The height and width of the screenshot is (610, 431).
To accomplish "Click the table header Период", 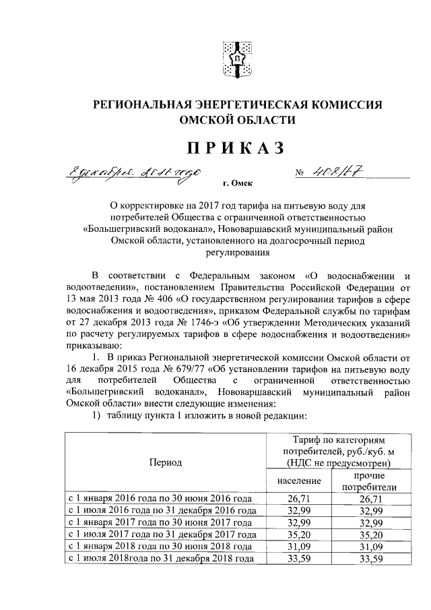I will point(165,463).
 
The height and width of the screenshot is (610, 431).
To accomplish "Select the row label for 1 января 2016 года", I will point(160,499).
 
